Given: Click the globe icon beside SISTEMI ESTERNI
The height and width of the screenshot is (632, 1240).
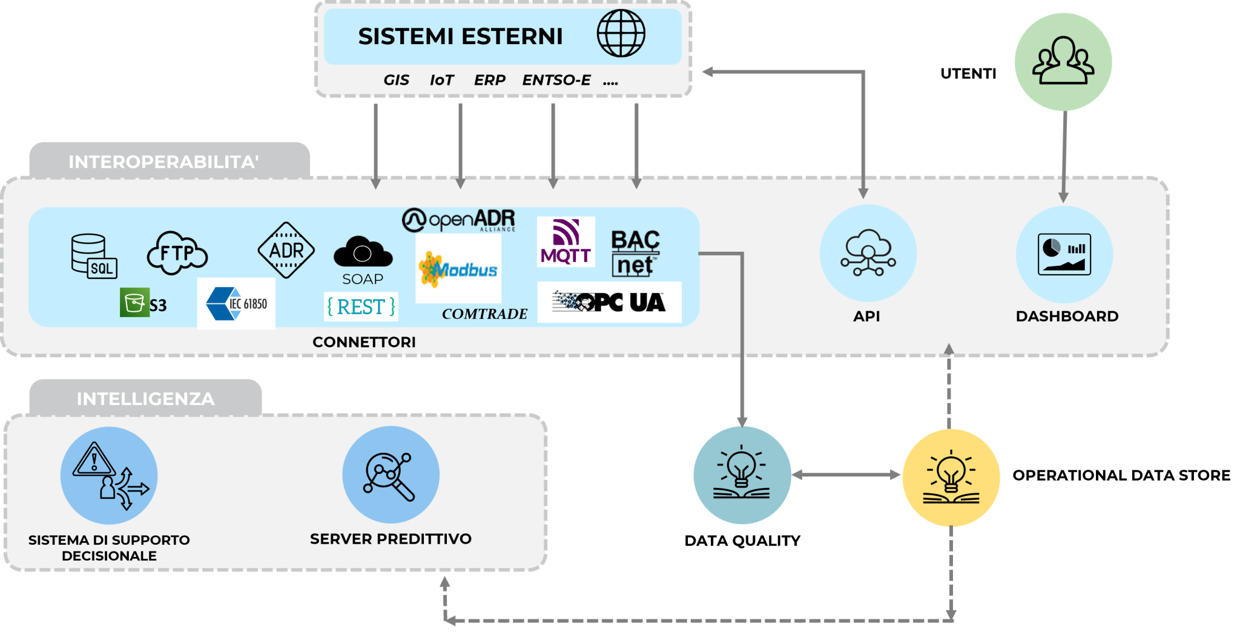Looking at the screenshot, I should pos(621,35).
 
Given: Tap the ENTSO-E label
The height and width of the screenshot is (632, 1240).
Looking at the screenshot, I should pos(556,80).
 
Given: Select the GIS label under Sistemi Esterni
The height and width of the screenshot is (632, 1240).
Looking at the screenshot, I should pos(396,80).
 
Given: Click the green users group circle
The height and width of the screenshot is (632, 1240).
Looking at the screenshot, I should pos(1063,62).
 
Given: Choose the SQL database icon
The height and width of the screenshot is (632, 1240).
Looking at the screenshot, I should pos(93,256).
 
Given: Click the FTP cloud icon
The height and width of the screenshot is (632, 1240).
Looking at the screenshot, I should pos(177,252).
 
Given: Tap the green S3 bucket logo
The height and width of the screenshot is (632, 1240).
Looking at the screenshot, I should pos(143,303).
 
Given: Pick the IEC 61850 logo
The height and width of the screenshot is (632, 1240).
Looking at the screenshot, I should pos(236,303).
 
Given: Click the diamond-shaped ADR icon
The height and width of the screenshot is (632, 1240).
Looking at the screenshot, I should pos(286,250).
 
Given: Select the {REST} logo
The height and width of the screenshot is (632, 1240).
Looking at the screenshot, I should pos(361,307).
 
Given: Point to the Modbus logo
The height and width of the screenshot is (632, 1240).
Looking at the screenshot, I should pos(458,269).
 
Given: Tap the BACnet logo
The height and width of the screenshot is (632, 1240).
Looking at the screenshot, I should pos(635,252).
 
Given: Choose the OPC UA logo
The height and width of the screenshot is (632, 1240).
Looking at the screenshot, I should pos(609,301).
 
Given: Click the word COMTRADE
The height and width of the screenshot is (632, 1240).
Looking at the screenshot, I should pos(484,314).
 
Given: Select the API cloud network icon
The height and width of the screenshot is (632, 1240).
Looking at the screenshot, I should pos(868,253).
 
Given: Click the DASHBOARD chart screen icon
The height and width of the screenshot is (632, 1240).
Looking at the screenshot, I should pos(1064,254).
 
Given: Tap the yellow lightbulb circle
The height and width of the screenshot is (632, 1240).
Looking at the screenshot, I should pos(951,478).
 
